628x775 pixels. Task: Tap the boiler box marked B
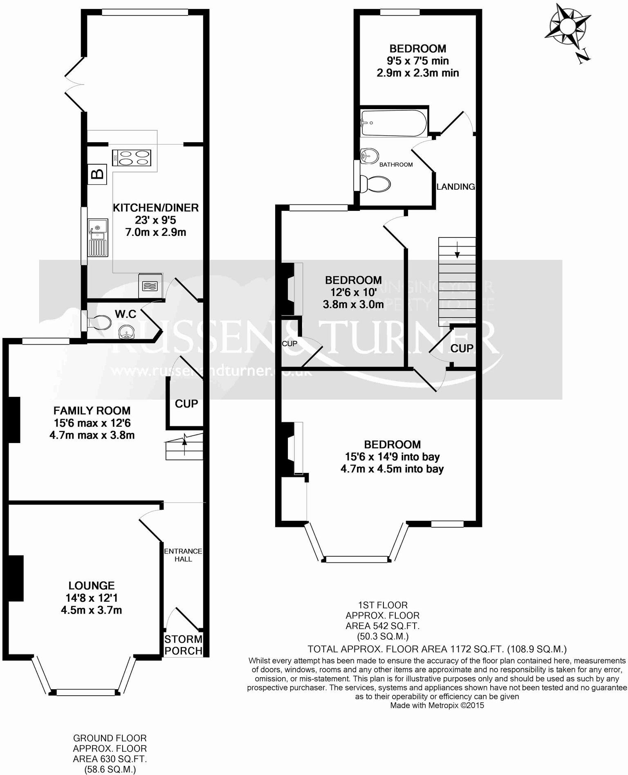click(97, 175)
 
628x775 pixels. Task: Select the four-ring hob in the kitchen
click(131, 158)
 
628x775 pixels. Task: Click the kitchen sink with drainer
click(98, 237)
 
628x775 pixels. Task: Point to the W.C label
click(126, 314)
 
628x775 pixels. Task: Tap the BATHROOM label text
click(396, 165)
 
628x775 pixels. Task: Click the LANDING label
click(455, 187)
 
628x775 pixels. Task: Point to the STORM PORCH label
click(183, 645)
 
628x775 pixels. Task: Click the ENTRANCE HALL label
click(183, 555)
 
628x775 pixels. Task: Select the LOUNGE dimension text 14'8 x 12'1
click(92, 598)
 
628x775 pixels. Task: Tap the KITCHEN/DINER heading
click(155, 208)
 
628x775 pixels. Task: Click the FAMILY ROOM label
click(92, 410)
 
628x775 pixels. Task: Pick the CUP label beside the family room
click(186, 404)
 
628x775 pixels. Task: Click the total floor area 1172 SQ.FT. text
click(437, 649)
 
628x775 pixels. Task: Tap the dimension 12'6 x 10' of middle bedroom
click(353, 292)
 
